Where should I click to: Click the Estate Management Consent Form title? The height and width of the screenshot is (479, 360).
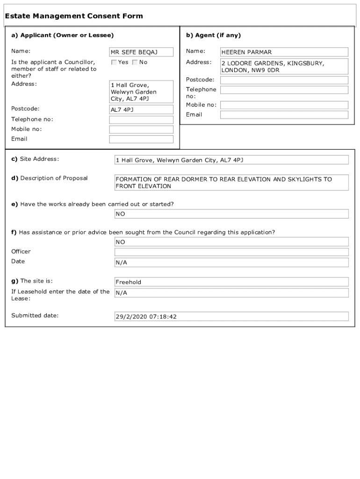tap(74, 16)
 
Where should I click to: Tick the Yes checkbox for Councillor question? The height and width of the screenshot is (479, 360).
tap(114, 62)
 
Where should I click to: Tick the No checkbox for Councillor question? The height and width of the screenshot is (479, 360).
tap(135, 62)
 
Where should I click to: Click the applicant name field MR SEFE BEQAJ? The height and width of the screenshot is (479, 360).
tap(141, 52)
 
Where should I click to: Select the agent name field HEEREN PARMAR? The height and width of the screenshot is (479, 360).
tap(284, 52)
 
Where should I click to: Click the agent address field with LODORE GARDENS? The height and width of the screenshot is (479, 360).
tap(284, 66)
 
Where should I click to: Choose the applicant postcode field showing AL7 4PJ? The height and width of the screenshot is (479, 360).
tap(141, 109)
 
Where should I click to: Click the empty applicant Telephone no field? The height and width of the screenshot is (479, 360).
tap(141, 120)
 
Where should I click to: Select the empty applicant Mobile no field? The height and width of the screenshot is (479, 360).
tap(141, 130)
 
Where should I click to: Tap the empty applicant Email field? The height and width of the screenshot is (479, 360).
tap(141, 139)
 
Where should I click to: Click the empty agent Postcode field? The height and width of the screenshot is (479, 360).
tap(284, 80)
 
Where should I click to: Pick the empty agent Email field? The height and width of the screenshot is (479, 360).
tap(284, 115)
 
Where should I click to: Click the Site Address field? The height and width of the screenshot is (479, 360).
tap(231, 160)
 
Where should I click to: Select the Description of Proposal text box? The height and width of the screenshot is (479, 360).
tap(231, 182)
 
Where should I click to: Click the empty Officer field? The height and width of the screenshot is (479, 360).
tap(231, 252)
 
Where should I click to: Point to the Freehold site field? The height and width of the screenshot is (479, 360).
tap(231, 282)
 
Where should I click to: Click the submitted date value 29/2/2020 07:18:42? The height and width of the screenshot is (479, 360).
tap(231, 317)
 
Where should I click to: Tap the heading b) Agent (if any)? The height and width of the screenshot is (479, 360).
tap(214, 36)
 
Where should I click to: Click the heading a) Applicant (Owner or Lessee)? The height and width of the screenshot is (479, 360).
tap(63, 36)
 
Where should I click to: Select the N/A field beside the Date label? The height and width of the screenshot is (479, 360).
tap(231, 262)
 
